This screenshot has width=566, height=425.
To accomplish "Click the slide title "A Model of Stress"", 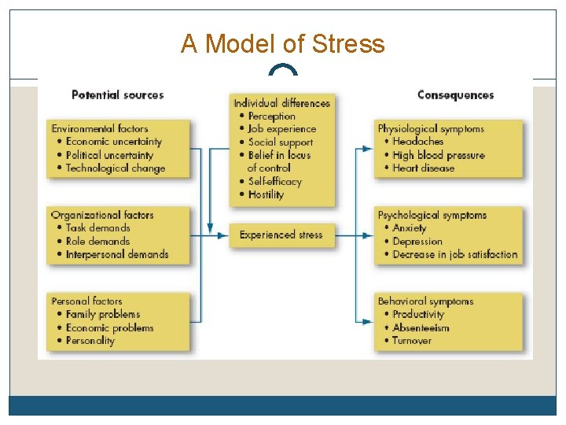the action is click(283, 43).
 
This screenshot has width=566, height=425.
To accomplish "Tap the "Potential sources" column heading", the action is click(117, 94).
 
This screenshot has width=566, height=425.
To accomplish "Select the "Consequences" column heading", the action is click(455, 94).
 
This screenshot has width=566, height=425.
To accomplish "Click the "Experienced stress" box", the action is click(281, 235).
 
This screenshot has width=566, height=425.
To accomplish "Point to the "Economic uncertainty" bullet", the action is click(113, 142).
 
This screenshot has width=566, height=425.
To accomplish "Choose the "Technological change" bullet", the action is click(115, 168).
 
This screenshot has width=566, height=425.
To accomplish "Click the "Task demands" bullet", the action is click(97, 228).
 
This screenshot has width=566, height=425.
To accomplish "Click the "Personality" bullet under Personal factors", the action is click(90, 341).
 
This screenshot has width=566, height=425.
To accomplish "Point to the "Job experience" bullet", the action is click(281, 129).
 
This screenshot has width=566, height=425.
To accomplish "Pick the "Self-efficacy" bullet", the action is click(274, 181).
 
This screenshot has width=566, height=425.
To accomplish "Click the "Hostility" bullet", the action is click(266, 194).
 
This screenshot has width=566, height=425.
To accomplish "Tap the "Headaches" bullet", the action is click(417, 142).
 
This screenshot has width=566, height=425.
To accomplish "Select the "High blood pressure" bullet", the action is click(438, 155).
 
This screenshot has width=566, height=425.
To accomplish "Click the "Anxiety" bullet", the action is click(409, 228).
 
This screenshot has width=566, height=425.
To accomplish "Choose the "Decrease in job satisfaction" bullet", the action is click(454, 254).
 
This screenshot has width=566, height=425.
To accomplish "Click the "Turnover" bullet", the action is click(411, 341).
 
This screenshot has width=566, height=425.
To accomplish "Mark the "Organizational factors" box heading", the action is click(102, 215).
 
